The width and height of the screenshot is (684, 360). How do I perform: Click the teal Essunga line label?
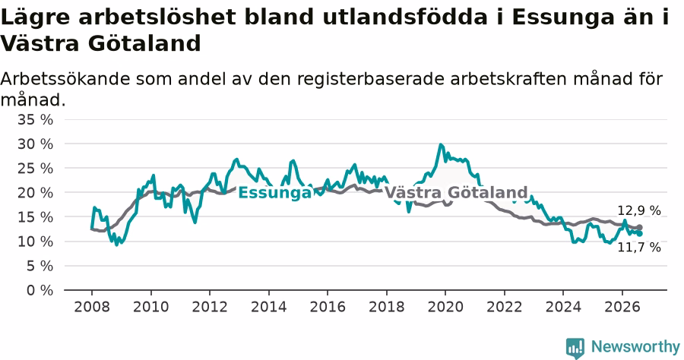275,193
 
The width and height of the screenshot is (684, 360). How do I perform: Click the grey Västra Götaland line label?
456,192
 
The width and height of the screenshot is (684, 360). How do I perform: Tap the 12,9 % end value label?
639,211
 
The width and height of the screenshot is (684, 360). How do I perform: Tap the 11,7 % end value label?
639,248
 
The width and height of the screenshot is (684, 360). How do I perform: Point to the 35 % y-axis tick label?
35,119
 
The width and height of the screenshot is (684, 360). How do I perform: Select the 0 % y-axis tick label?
40,290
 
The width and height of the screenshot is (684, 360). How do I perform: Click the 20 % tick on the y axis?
35,193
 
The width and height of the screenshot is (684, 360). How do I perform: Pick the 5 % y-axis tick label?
40,266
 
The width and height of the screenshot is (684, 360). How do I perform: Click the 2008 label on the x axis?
92,307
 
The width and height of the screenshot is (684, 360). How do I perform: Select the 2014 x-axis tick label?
269,307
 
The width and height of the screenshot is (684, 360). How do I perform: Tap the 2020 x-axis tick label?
445,307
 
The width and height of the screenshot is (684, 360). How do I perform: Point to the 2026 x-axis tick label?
622,307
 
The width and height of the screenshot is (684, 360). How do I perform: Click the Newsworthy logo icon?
575,348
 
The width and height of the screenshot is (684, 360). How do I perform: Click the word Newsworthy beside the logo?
635,347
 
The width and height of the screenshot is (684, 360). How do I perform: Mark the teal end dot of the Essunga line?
639,234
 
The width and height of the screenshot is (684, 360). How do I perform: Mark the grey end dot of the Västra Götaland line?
639,228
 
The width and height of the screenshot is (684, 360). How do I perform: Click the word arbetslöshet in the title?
167,17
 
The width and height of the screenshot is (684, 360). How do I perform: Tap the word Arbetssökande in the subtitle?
65,79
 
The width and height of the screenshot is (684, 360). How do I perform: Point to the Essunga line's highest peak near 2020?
441,144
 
